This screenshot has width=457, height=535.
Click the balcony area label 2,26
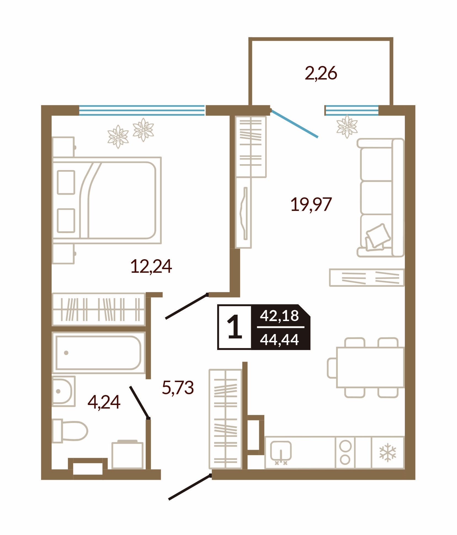pos(321,73)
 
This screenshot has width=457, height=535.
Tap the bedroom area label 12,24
pos(151,266)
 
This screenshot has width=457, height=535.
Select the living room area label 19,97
pos(311,205)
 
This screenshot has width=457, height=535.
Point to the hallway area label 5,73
pos(178,387)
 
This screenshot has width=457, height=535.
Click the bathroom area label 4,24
pos(104,402)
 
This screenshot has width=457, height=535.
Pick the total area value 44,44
pos(279,340)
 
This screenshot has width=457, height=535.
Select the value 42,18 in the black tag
pos(279,316)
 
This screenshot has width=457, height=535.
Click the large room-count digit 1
pos(235,327)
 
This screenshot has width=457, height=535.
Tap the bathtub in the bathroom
pos(99,353)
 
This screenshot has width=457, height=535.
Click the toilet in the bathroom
pos(70,431)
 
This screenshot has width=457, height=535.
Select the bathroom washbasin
pos(64,391)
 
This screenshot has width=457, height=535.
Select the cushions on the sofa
pos(378,237)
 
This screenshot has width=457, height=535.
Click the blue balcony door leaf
pos(294,123)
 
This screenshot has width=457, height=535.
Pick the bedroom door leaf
pos(187,306)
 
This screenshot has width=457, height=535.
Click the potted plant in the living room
pos(347,127)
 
